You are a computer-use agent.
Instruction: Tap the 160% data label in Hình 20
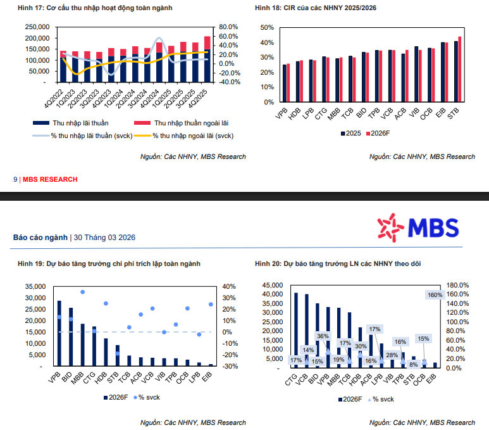[435, 295]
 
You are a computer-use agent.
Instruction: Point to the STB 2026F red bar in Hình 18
[459, 69]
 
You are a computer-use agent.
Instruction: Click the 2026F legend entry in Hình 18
[378, 134]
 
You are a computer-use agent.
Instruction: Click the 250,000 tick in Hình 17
[35, 27]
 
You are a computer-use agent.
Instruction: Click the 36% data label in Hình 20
[323, 336]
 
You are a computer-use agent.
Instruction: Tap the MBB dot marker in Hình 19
[82, 292]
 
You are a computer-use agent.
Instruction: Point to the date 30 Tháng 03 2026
[104, 237]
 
